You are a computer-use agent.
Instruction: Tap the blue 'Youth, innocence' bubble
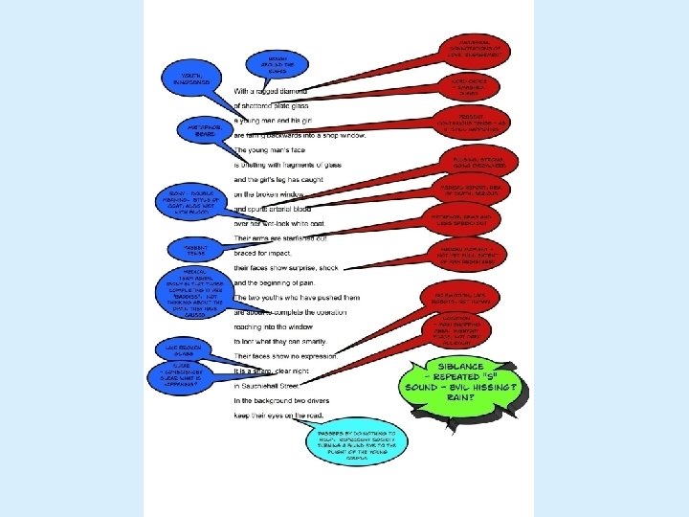pyautogui.click(x=186, y=78)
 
